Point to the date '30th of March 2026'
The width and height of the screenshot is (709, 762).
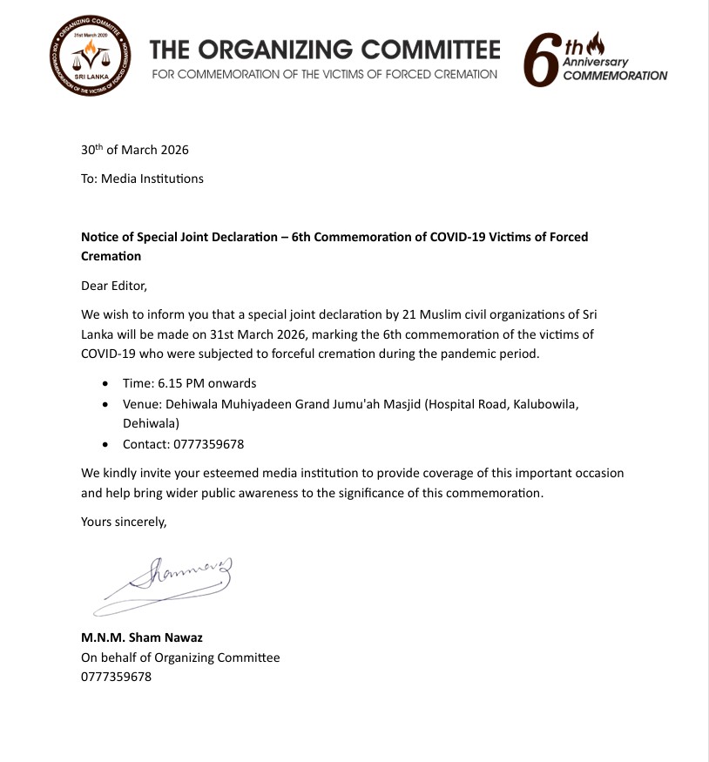pos(135,149)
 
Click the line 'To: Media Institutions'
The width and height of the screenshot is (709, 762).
pos(142,179)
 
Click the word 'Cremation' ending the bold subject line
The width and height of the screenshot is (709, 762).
pos(111,256)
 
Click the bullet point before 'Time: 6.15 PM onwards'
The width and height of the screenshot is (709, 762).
pos(106,383)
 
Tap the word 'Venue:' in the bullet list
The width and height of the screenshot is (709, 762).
pos(141,404)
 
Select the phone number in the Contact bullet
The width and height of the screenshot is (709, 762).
pos(208,444)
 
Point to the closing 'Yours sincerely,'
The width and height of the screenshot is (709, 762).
pos(123,522)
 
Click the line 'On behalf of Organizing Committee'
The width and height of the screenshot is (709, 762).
pos(180,657)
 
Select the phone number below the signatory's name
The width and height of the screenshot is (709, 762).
pos(116,677)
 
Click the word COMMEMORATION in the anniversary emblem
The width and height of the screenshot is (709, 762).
pos(615,76)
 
